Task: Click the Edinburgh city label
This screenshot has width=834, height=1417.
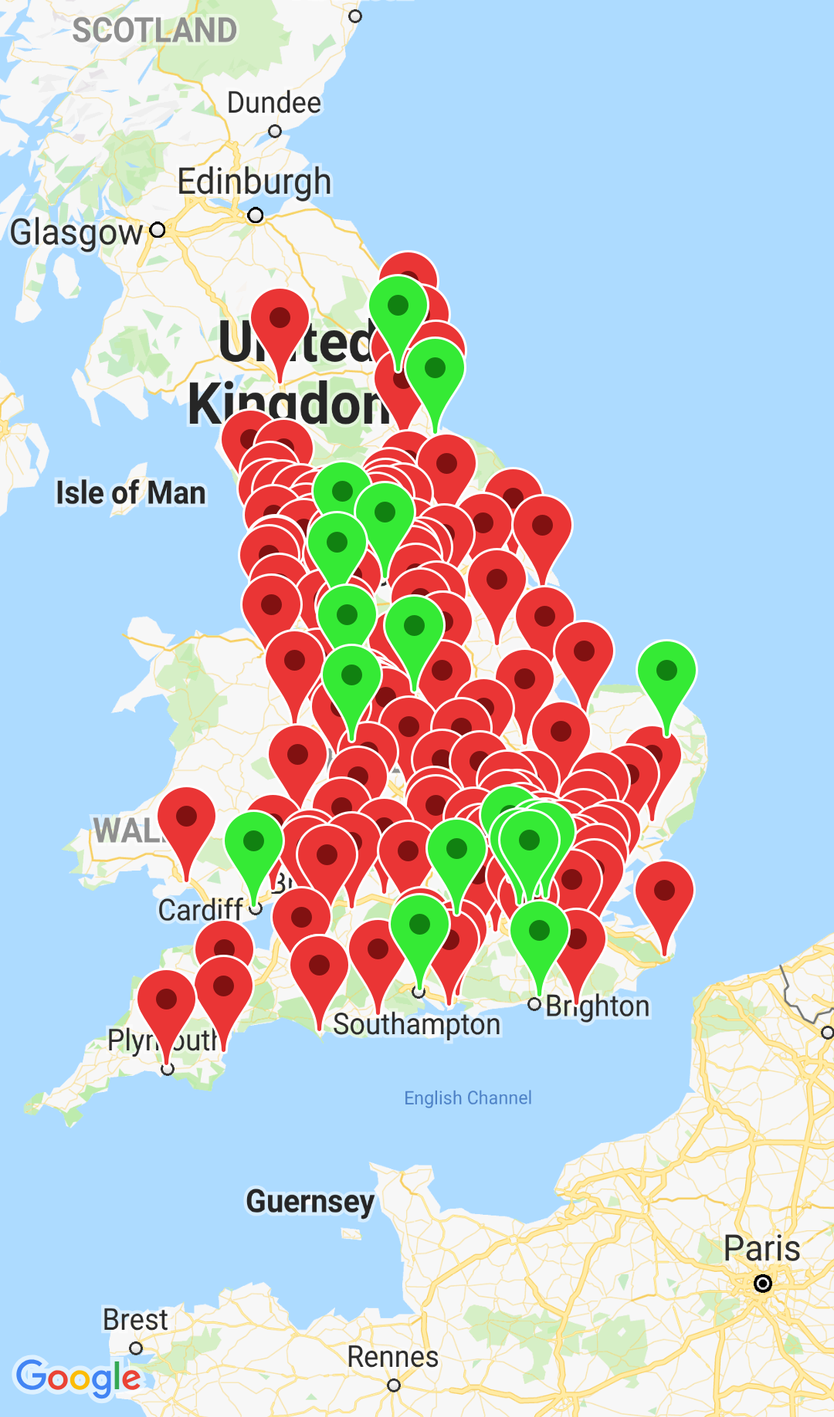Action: (x=254, y=182)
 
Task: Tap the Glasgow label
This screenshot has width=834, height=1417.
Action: (x=76, y=232)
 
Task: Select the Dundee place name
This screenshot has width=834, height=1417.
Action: (x=273, y=103)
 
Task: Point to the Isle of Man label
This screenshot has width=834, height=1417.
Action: (x=131, y=493)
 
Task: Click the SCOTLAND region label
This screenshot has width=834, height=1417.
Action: (x=154, y=31)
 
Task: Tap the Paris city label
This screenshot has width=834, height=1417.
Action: (x=761, y=1249)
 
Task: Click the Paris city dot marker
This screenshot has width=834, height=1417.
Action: (x=763, y=1283)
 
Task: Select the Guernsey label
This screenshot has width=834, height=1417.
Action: (x=310, y=1202)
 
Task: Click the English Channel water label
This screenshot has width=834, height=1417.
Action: (x=468, y=1097)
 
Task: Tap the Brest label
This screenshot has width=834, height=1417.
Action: (x=135, y=1320)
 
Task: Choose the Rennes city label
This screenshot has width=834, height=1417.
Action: (x=392, y=1357)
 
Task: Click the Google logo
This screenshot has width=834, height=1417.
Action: (x=78, y=1378)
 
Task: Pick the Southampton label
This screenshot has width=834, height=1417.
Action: (x=417, y=1025)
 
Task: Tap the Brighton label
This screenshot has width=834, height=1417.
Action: (x=598, y=1006)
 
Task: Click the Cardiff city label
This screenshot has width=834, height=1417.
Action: (x=201, y=910)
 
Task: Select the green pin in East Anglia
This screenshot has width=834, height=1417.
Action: (x=666, y=671)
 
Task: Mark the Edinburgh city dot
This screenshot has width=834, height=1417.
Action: (x=256, y=215)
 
